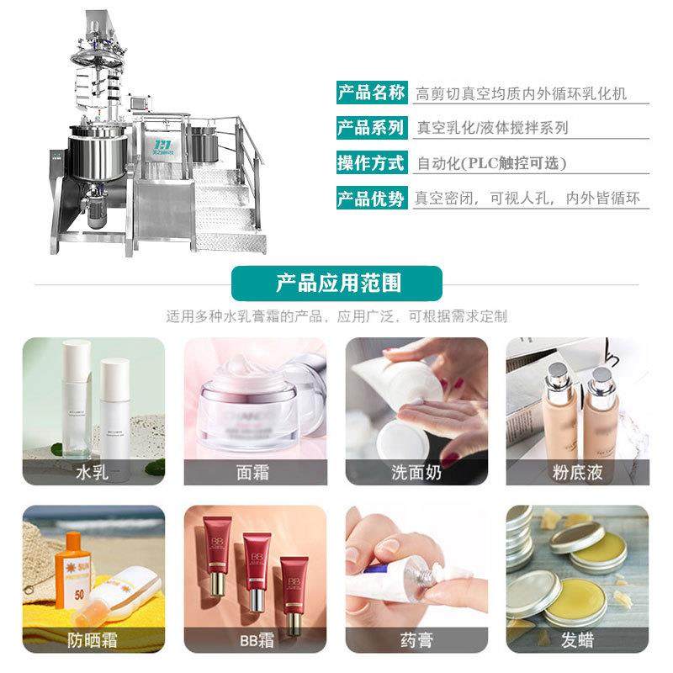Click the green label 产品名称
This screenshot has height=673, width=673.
(x=371, y=93)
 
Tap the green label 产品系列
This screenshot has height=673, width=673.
(x=371, y=128)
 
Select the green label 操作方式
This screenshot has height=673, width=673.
(x=371, y=163)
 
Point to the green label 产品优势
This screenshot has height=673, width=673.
(x=371, y=199)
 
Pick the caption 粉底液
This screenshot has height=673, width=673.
(x=577, y=472)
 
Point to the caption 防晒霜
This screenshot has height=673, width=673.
(x=93, y=640)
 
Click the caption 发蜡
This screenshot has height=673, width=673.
(x=577, y=640)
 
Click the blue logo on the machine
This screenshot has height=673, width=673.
(x=165, y=148)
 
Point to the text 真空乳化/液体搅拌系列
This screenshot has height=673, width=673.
(x=492, y=128)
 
